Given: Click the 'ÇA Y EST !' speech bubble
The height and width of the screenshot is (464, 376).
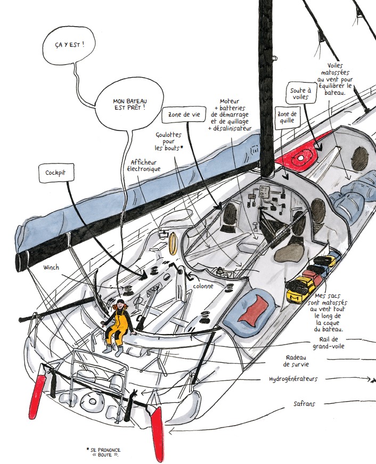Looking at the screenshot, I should point(69,46).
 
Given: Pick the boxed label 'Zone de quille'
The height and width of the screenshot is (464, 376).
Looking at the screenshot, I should point(287,117).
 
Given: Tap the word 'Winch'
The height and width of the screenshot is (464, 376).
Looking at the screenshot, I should point(52,267).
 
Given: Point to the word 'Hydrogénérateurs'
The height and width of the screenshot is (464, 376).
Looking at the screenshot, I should point(293,379).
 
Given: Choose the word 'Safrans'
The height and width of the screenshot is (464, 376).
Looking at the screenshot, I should point(304,404).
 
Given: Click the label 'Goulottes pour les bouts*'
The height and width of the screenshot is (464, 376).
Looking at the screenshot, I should point(168,141).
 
